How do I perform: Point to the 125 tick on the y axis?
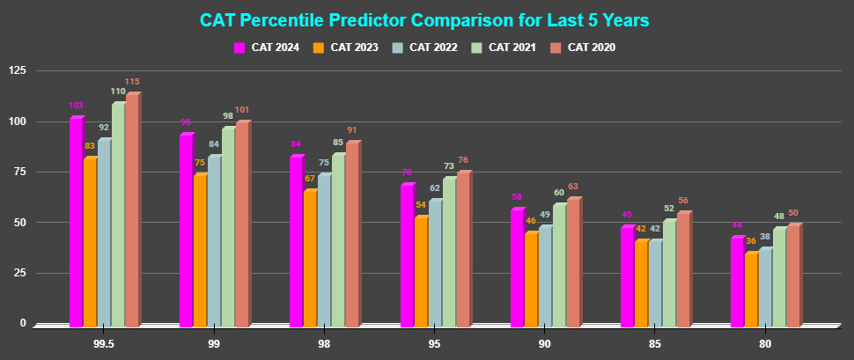[x=17, y=70]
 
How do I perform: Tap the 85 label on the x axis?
[x=655, y=343]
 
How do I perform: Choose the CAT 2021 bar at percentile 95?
[x=448, y=252]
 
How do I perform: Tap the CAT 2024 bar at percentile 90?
[x=517, y=268]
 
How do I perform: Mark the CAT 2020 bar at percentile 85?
[x=683, y=269]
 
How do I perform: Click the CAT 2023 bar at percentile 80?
[x=751, y=290]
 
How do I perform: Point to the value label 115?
[x=132, y=82]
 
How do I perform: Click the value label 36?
[x=751, y=241]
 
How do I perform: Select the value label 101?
[x=242, y=110]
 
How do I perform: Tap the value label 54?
[x=421, y=205]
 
